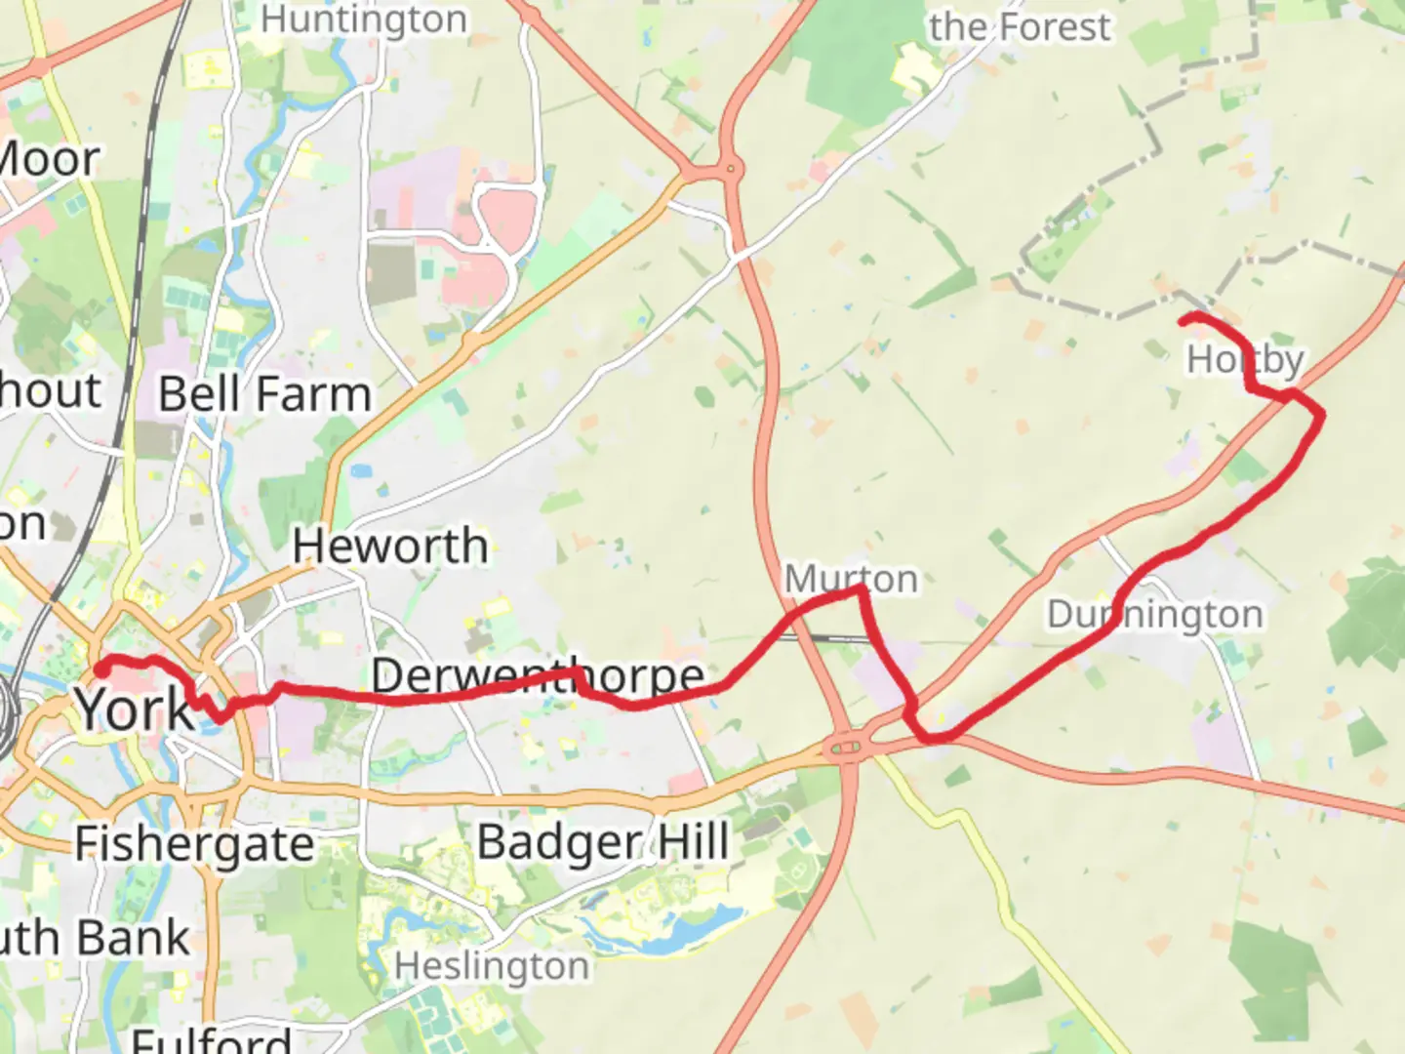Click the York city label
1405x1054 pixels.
click(x=135, y=709)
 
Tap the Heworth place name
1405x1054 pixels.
click(x=390, y=545)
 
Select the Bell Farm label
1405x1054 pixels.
click(x=264, y=394)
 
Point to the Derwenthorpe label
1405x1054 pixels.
click(x=538, y=675)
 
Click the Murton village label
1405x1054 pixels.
click(x=851, y=579)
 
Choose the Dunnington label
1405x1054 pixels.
click(x=1154, y=615)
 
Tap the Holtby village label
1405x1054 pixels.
click(x=1245, y=359)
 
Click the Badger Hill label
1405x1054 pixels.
click(x=603, y=841)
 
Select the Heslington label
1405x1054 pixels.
click(x=492, y=966)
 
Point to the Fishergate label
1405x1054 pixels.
click(x=194, y=844)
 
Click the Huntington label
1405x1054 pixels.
click(x=363, y=20)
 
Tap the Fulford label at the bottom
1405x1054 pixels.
click(x=211, y=1040)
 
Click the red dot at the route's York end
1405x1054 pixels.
click(x=100, y=669)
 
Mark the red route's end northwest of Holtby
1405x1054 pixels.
click(x=1184, y=319)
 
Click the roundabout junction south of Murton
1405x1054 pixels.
click(x=844, y=750)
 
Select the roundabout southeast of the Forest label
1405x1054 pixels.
click(x=730, y=171)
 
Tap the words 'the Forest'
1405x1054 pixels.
click(x=1019, y=27)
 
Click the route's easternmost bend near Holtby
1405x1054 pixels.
click(x=1322, y=415)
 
